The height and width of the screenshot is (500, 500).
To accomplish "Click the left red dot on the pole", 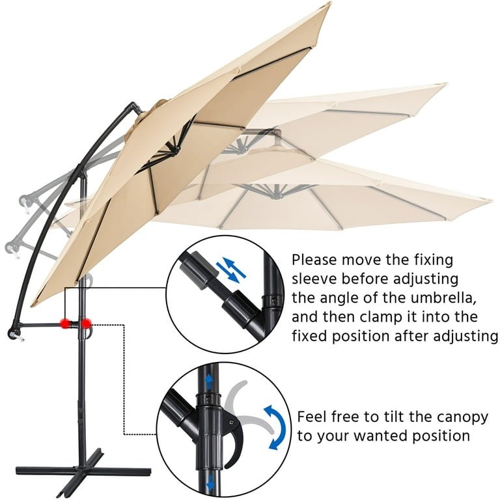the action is click(x=66, y=324).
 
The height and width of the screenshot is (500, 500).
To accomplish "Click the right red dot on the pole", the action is click(x=86, y=324).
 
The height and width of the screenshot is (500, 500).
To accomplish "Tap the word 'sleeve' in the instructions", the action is click(x=314, y=279).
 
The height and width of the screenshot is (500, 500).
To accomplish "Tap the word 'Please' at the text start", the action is click(x=314, y=260).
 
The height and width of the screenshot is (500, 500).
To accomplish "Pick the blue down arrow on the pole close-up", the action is click(x=210, y=484).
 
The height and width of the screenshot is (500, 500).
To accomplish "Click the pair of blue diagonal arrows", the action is click(x=231, y=270).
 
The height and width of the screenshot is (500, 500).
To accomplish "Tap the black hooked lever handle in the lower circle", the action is click(x=235, y=440).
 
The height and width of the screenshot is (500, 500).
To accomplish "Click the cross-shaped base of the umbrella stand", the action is click(x=83, y=470).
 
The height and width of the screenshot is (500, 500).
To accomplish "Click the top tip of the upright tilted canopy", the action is click(x=330, y=3).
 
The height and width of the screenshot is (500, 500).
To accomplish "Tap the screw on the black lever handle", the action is click(x=231, y=423).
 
